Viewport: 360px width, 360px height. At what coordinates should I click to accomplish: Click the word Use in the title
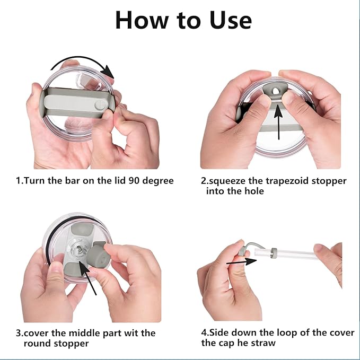click(x=231, y=20)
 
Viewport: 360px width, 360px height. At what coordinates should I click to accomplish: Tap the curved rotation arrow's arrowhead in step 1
click(x=108, y=72)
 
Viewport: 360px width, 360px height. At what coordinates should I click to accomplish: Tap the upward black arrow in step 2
click(x=278, y=122)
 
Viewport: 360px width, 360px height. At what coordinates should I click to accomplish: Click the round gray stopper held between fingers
click(x=98, y=257)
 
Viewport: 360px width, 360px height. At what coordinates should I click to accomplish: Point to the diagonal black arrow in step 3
click(x=87, y=278)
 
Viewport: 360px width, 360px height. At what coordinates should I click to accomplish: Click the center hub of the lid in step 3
click(x=79, y=249)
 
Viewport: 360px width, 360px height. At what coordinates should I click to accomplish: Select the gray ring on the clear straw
click(x=274, y=253)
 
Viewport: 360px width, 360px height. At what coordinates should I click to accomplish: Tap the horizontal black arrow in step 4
click(x=241, y=262)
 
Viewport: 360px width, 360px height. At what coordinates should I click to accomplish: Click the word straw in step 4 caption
click(x=264, y=343)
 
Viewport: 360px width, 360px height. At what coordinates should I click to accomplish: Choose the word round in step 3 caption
click(x=38, y=344)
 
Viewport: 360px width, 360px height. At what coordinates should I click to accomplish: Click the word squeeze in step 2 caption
click(x=227, y=181)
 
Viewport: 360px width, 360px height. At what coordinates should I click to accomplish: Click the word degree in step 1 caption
click(x=158, y=181)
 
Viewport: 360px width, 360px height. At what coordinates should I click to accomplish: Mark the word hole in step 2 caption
click(x=254, y=191)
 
